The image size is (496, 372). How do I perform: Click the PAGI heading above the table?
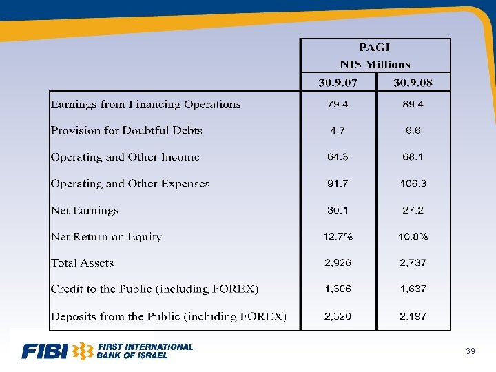click(375, 48)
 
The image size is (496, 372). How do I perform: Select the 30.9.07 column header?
click(338, 83)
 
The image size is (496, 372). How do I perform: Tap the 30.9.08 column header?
click(413, 83)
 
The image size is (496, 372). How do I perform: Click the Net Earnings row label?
click(85, 211)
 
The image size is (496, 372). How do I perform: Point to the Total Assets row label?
click(82, 263)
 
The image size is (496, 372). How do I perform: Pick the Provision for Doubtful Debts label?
click(126, 130)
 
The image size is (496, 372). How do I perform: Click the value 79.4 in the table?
click(338, 104)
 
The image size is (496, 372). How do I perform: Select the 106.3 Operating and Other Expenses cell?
click(413, 184)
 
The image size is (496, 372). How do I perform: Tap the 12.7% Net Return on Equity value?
click(338, 237)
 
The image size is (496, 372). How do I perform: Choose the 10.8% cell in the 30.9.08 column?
click(413, 237)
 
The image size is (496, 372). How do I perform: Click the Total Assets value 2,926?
click(338, 263)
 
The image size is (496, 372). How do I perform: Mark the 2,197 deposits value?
click(413, 316)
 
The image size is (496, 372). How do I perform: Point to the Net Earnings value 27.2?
click(413, 210)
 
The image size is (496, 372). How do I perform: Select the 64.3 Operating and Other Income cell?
click(338, 157)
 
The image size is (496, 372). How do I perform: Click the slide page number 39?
click(471, 352)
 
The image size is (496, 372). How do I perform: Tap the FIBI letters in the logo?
click(45, 352)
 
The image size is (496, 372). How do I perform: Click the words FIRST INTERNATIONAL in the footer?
click(145, 347)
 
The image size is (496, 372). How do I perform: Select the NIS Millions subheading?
click(375, 64)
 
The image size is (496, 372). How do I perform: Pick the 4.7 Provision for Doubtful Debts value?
click(338, 130)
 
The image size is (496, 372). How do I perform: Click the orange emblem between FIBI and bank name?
click(83, 351)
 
